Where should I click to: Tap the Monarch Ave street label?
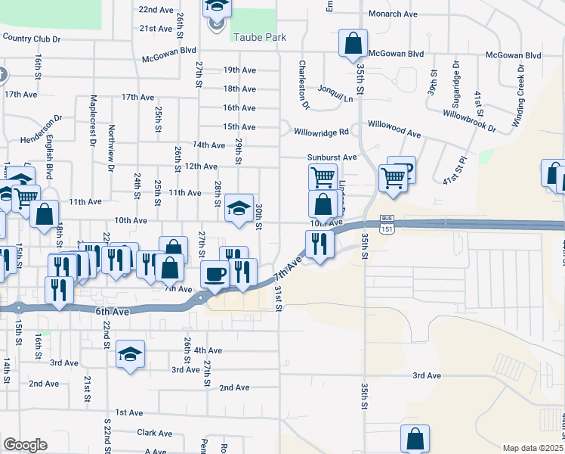click(x=393, y=14)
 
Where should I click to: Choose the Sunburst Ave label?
click(x=332, y=157)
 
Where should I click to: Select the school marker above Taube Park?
click(x=217, y=8)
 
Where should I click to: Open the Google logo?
click(x=25, y=445)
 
